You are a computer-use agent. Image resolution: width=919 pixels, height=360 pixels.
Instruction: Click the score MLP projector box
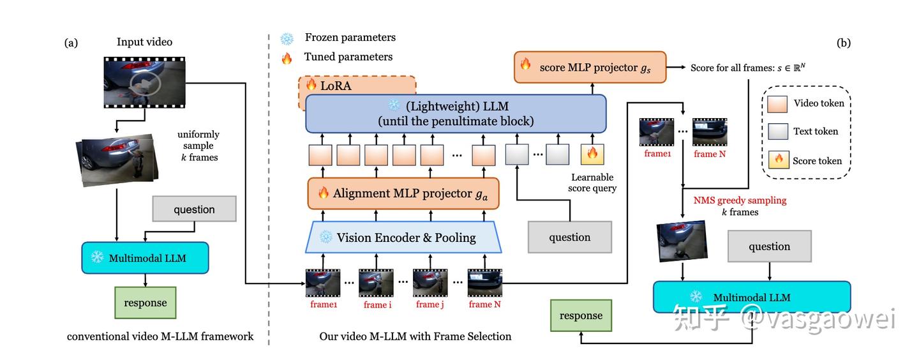pyautogui.click(x=590, y=67)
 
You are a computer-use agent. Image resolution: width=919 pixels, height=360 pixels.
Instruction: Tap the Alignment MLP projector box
pyautogui.click(x=403, y=193)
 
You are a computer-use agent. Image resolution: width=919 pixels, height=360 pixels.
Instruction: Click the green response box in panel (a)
pyautogui.click(x=145, y=303)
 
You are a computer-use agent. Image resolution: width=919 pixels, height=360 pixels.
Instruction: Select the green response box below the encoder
pyautogui.click(x=581, y=316)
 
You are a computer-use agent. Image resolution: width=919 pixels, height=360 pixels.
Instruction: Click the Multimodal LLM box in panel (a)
pyautogui.click(x=145, y=258)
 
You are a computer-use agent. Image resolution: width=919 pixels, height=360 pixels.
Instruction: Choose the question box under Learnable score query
pyautogui.click(x=569, y=237)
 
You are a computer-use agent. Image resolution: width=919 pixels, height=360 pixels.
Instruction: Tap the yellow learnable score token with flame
pyautogui.click(x=592, y=154)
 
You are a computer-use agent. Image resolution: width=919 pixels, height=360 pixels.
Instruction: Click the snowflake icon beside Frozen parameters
pyautogui.click(x=287, y=38)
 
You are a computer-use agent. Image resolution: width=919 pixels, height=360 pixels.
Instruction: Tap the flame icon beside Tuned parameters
pyautogui.click(x=287, y=57)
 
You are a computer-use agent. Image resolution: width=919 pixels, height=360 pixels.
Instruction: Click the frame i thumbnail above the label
pyautogui.click(x=375, y=283)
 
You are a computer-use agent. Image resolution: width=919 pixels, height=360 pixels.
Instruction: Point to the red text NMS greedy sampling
pyautogui.click(x=740, y=200)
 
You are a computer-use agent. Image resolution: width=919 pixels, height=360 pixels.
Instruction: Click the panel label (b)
pyautogui.click(x=843, y=43)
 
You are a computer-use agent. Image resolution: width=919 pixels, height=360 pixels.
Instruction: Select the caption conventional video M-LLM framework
pyautogui.click(x=160, y=336)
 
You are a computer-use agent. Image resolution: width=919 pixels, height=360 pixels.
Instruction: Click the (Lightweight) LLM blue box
pyautogui.click(x=456, y=113)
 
